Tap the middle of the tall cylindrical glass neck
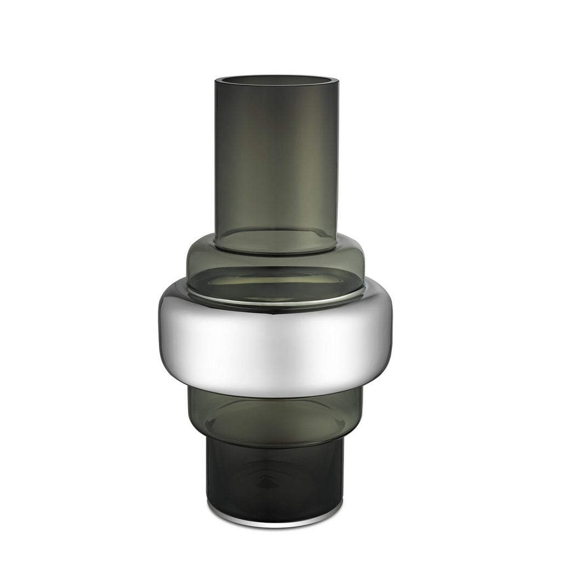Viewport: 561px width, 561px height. point(277,159)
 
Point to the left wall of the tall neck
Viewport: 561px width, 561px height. point(217,159)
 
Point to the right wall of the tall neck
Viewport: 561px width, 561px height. point(336,159)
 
